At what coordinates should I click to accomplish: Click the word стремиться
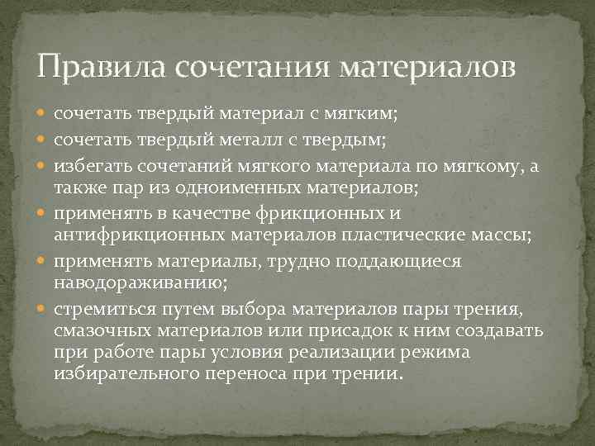point(99,310)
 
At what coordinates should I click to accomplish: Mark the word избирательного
point(129,374)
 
